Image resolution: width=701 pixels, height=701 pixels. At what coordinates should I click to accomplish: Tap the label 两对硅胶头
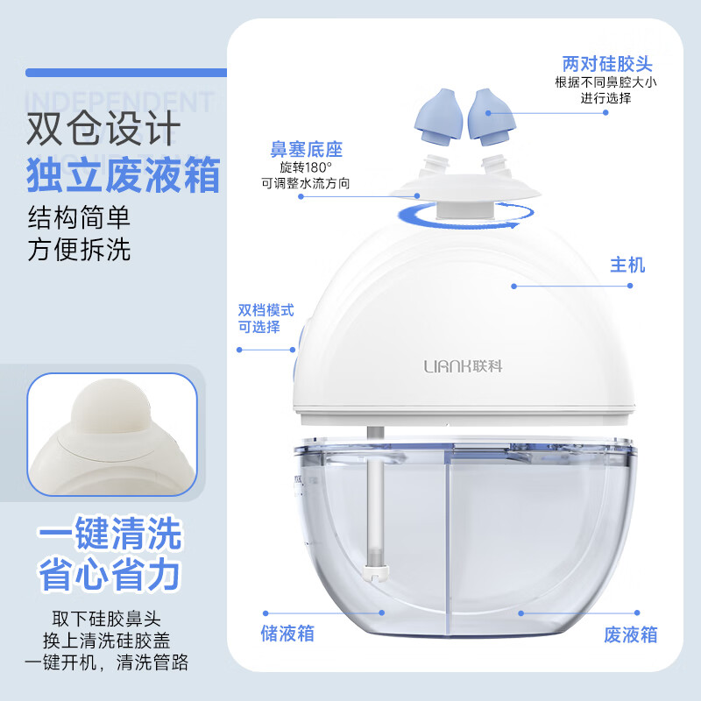pos(607,65)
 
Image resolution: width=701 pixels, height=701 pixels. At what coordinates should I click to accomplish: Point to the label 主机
pos(627,265)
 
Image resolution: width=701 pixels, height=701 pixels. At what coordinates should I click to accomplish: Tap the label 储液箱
pos(287,633)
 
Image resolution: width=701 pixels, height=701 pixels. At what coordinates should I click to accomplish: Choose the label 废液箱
pos(630,634)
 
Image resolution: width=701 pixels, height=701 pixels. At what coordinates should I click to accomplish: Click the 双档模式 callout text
pos(266,310)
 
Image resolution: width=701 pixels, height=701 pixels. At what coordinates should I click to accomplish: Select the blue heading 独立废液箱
pos(122,175)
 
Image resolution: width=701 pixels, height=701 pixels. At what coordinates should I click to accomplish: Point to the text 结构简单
pos(79,216)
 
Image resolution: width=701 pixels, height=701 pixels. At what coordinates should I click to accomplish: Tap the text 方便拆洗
pos(79,249)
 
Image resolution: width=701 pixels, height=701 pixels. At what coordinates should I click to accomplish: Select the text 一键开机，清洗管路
pos(106,662)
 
